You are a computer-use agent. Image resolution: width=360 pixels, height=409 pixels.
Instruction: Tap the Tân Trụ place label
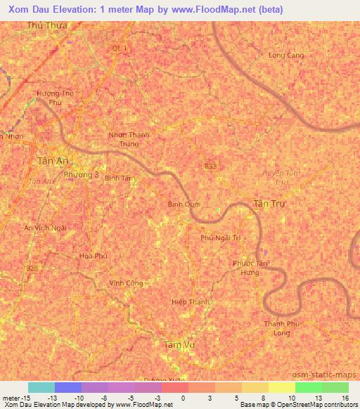point(269,202)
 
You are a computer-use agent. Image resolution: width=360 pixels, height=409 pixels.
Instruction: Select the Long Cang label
point(286,55)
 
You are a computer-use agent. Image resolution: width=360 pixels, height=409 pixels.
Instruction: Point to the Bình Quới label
point(184,204)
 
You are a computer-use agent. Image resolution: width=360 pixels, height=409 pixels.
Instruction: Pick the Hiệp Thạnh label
point(191,301)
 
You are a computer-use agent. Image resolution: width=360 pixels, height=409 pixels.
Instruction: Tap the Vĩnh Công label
point(126,283)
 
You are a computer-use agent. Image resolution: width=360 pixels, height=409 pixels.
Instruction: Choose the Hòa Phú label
point(93,256)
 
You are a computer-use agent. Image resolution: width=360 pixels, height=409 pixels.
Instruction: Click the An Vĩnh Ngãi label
point(45,228)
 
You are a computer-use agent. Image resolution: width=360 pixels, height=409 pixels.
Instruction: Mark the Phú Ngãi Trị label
point(221,238)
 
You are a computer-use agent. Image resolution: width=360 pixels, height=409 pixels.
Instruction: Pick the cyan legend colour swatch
point(41,387)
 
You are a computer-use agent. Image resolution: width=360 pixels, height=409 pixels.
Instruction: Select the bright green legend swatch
point(309,387)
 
